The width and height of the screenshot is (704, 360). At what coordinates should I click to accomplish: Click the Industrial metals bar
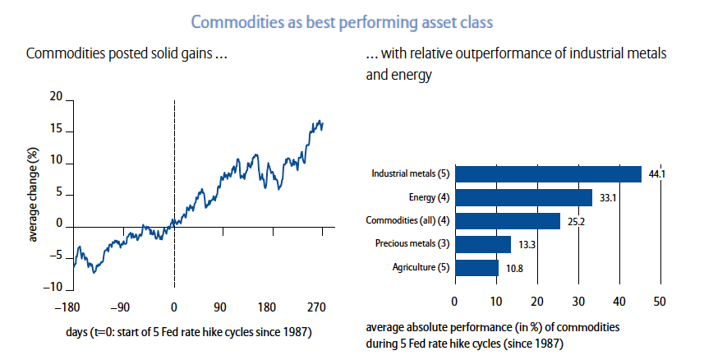pos(548,173)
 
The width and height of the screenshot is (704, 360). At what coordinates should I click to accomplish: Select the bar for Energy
pos(523,197)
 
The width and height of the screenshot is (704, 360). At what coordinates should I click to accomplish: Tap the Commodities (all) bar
pos(507,220)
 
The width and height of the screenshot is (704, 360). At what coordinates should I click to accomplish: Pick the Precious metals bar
pos(482,244)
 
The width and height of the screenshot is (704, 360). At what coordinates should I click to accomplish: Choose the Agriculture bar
pos(476,268)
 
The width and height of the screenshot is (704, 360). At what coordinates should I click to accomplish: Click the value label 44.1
pos(656,173)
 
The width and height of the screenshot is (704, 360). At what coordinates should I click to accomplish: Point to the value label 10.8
pos(513,268)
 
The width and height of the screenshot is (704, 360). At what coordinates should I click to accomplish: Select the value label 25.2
pos(575,221)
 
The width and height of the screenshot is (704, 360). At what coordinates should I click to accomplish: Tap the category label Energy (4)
pos(427,197)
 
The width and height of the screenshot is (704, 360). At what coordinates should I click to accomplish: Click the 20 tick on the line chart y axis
pos(56,97)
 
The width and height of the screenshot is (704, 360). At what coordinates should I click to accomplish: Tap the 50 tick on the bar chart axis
pos(659,302)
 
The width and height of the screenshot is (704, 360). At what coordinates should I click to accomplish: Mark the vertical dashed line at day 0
pos(174,164)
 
